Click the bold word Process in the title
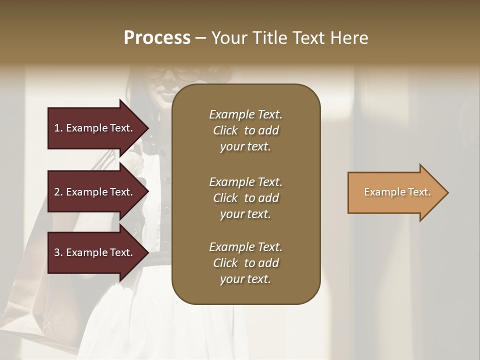click(x=157, y=38)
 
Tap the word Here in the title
click(x=349, y=38)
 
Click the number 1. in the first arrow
click(x=58, y=128)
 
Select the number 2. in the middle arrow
click(x=58, y=192)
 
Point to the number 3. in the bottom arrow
click(x=58, y=253)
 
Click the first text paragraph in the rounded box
click(x=245, y=130)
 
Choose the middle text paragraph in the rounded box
click(x=245, y=198)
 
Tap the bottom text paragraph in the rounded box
click(x=245, y=263)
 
